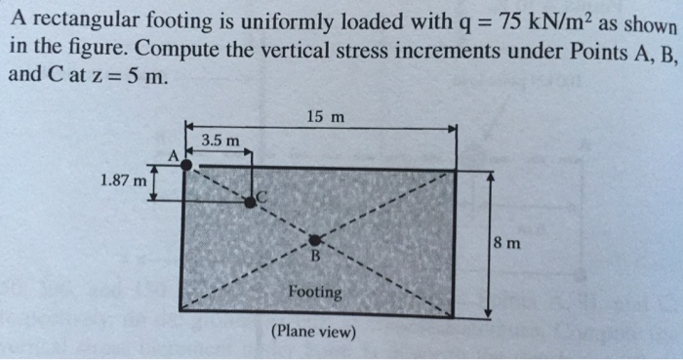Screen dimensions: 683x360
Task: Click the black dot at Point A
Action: tap(186, 166)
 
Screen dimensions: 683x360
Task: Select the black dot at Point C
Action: tap(250, 201)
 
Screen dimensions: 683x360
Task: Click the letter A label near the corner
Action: tap(175, 154)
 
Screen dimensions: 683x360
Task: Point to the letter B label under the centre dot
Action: tap(314, 258)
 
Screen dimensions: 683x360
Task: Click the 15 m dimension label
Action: tap(325, 117)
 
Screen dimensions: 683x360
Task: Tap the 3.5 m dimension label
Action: tap(220, 141)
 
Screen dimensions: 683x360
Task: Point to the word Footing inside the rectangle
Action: tap(315, 292)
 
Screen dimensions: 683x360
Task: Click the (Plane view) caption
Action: tap(314, 332)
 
